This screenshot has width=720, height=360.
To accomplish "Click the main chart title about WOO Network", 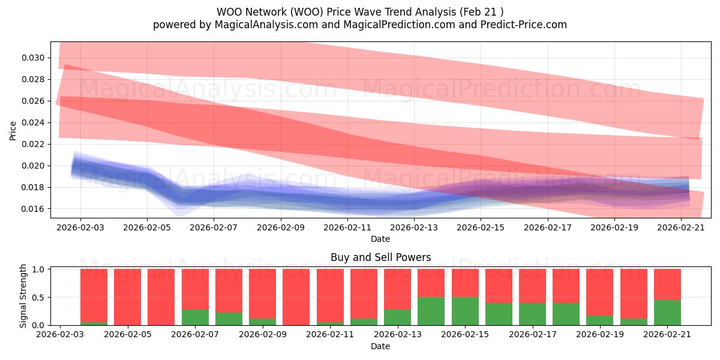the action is coord(360,12).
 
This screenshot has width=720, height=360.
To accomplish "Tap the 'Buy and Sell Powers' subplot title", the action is coord(380,257).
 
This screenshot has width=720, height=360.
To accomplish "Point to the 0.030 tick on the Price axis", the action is coord(33,58).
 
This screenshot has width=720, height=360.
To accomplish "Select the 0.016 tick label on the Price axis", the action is coord(33,209).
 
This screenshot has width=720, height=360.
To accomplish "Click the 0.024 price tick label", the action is coord(33,123).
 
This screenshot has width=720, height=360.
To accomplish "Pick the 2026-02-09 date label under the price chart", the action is coord(281,227).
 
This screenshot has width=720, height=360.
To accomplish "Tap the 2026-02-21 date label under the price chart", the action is coord(681,227).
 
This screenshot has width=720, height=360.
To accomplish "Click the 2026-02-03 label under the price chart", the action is coord(80,227).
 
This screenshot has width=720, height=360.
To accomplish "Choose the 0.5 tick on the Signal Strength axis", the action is coord(38,298).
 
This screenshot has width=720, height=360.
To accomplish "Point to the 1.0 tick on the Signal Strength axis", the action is coord(38,269).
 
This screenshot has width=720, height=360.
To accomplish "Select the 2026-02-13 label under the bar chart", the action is coord(398,335).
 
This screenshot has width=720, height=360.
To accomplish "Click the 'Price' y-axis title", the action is coord(13,131).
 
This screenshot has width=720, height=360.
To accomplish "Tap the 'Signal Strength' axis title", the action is coord(23,296).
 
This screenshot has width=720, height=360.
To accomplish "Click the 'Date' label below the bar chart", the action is coord(380,347).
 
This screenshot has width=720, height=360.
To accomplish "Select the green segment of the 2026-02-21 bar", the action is coord(667,313).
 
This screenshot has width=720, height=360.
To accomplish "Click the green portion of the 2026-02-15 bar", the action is coord(465,311).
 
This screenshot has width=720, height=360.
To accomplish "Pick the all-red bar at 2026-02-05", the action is coord(128,297).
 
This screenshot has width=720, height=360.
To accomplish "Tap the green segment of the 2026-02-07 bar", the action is coord(195,317).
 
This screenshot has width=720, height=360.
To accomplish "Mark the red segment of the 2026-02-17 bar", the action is coord(533,286).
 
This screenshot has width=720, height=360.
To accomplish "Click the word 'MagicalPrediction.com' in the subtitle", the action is coord(399,25).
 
